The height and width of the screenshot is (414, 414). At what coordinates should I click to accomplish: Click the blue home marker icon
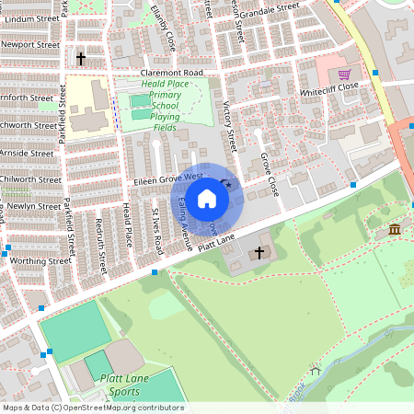pos(207,198)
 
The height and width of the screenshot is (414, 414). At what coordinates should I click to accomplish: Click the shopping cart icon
pos(344,75)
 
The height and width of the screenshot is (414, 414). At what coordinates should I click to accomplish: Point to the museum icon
pos(395,229)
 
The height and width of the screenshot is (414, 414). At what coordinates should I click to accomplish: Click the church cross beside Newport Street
pos(81,60)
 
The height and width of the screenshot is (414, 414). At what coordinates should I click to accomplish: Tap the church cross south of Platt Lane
pos(259,252)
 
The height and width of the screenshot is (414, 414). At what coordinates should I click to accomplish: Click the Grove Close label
pos(268,175)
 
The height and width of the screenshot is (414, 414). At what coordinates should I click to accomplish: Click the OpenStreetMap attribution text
pos(92,408)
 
